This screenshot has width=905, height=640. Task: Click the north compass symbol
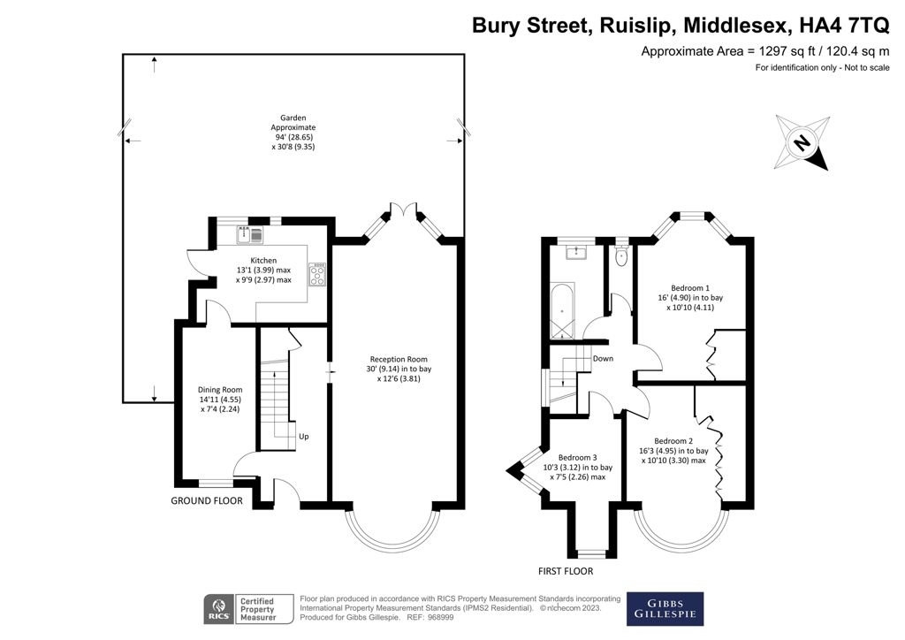[x=802, y=141]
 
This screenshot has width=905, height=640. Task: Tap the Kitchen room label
[x=263, y=261]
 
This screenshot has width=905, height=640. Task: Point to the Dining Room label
[x=219, y=390]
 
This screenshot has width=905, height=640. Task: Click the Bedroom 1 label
[x=690, y=288]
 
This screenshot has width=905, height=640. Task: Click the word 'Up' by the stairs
[x=304, y=437]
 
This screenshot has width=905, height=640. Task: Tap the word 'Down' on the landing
[x=604, y=359]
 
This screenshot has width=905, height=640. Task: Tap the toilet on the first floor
[x=621, y=257]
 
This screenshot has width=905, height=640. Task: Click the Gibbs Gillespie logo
[x=665, y=608]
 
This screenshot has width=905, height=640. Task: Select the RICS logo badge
[x=217, y=608]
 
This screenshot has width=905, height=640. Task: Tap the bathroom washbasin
[x=581, y=253]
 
